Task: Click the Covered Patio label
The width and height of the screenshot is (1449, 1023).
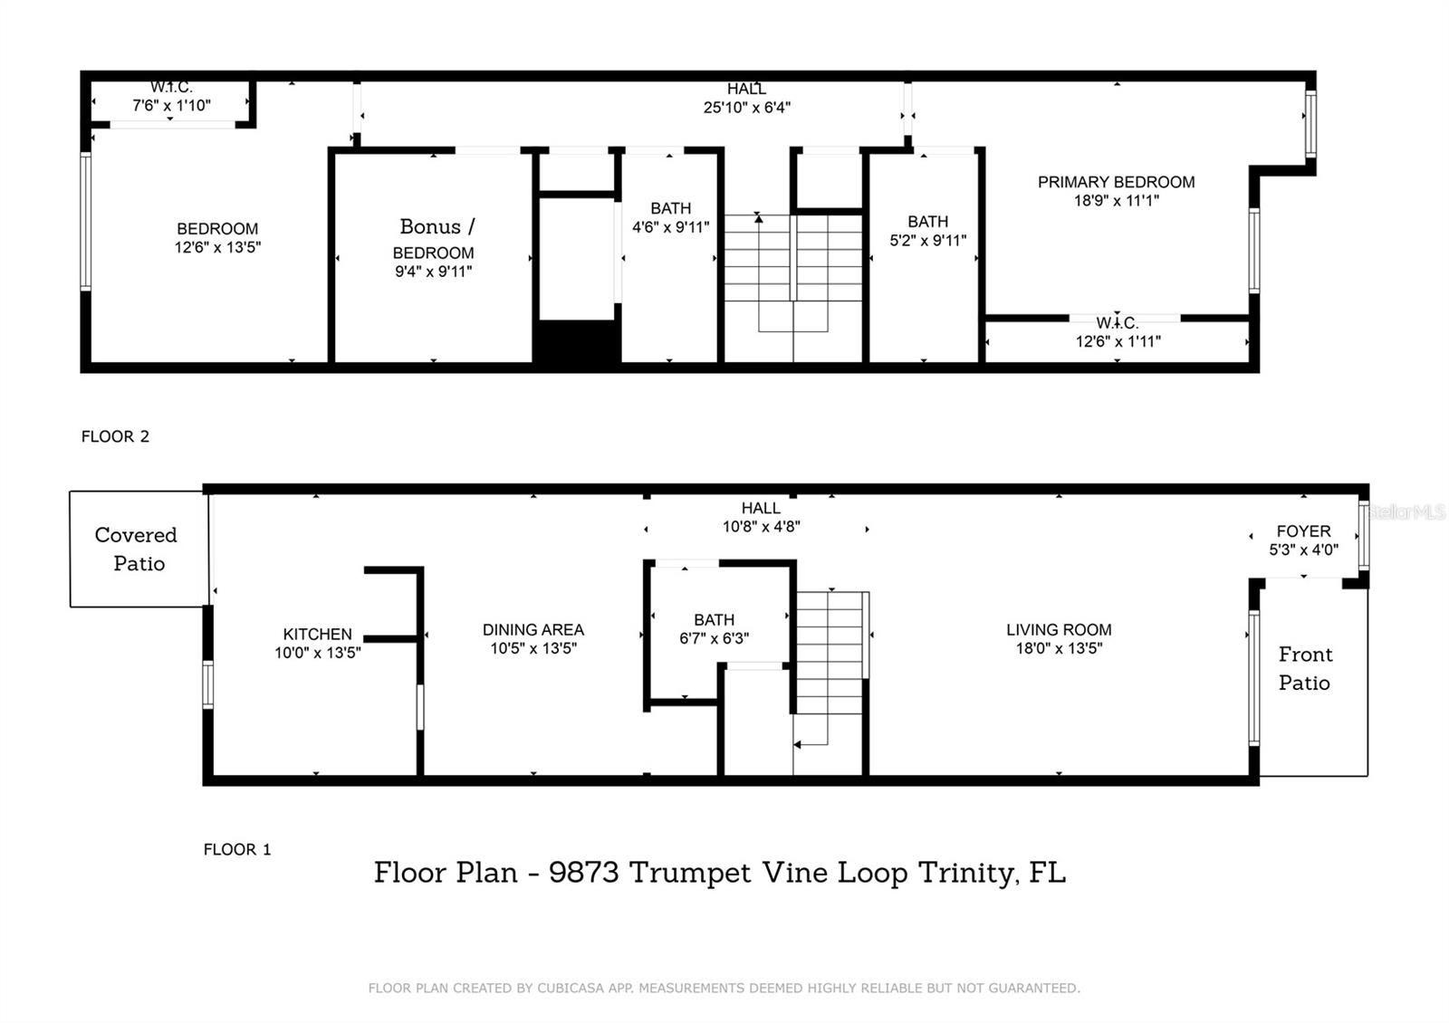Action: click(x=137, y=549)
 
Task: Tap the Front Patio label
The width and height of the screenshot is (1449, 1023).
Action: click(x=1304, y=668)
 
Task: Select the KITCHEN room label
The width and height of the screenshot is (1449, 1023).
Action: click(x=317, y=634)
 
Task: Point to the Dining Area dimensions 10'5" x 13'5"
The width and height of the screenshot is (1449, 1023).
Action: click(x=533, y=648)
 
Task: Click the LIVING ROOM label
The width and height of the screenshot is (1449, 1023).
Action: click(x=1059, y=629)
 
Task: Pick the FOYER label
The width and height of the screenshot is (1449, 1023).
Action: click(x=1303, y=531)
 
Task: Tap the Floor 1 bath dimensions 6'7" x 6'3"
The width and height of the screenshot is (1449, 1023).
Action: click(x=714, y=638)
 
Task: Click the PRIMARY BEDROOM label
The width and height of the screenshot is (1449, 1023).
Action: click(x=1116, y=182)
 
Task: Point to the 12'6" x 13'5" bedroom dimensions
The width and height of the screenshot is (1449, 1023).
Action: click(x=217, y=247)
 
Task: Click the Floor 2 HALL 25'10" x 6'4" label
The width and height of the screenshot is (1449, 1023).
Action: click(x=746, y=98)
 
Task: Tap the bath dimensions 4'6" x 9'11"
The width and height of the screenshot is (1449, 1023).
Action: click(x=670, y=226)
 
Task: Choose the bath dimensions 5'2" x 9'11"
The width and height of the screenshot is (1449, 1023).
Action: click(x=927, y=240)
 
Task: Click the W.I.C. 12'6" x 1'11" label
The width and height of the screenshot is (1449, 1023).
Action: click(x=1118, y=332)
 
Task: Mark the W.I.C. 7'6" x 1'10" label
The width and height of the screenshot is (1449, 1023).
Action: click(x=171, y=96)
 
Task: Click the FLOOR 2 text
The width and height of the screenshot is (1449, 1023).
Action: click(x=115, y=436)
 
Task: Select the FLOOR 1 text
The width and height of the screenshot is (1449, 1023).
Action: click(x=236, y=849)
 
